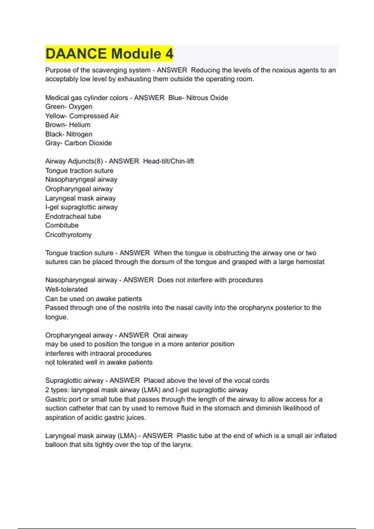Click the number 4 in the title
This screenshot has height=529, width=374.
(x=169, y=54)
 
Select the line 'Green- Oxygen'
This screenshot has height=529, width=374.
(x=69, y=107)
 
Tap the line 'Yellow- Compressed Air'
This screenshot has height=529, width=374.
(x=82, y=116)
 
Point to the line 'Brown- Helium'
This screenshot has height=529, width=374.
(x=68, y=125)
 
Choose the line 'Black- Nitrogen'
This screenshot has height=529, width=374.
(x=69, y=134)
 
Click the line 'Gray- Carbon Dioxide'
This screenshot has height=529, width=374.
(x=79, y=143)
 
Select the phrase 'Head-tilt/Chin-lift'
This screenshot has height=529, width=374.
(x=169, y=161)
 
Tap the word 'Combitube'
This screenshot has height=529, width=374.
(x=62, y=225)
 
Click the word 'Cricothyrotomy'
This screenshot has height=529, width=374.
(x=69, y=235)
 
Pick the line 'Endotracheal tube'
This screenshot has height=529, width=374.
(x=73, y=216)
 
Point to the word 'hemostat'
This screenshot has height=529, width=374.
(x=310, y=262)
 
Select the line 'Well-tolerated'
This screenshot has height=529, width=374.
(x=66, y=289)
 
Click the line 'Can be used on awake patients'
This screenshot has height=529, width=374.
(x=93, y=299)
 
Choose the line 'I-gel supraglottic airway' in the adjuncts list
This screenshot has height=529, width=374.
(x=81, y=207)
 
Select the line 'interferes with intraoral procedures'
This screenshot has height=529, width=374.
(x=98, y=353)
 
